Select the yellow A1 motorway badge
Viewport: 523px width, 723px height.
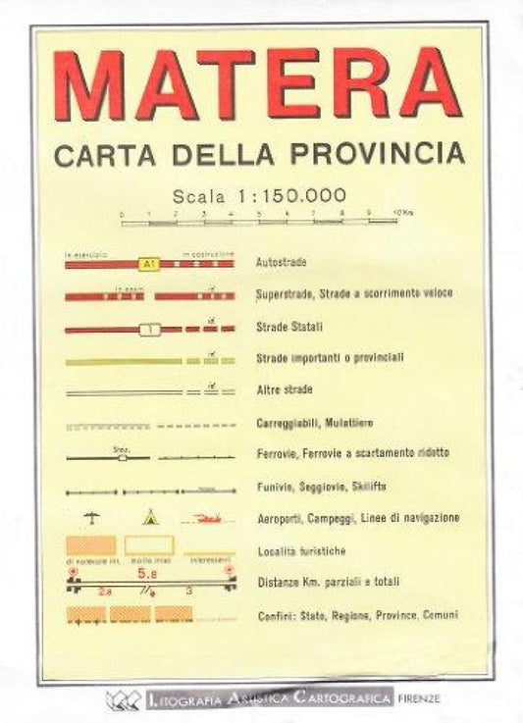click(148, 264)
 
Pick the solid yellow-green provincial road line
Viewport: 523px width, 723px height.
click(123, 361)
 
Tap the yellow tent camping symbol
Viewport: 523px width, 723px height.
click(149, 516)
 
